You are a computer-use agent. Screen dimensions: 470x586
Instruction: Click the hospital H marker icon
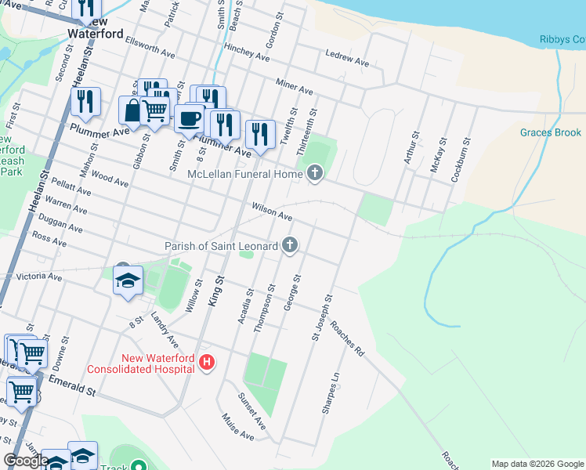207,363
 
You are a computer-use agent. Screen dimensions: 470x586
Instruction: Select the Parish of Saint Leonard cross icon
289,246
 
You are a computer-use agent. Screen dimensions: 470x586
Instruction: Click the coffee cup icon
188,119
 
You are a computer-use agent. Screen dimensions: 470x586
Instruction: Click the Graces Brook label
555,133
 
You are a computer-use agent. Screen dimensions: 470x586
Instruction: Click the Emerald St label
71,385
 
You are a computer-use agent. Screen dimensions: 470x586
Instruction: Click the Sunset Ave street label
252,411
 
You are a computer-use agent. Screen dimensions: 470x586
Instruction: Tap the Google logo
26,461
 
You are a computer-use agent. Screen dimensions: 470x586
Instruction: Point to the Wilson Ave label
272,211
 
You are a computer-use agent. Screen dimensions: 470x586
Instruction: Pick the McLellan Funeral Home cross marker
315,173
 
